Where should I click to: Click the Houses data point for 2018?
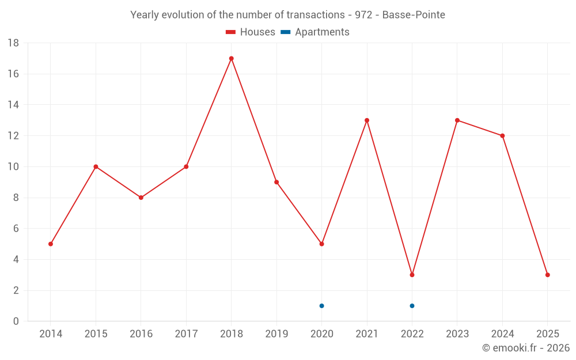(231, 58)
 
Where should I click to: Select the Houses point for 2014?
(51, 244)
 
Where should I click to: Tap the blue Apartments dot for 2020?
(321, 306)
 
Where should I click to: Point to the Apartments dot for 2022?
(412, 306)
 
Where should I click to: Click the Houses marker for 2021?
(367, 120)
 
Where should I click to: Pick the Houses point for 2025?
(547, 275)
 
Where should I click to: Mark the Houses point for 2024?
(502, 136)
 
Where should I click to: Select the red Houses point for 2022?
(412, 275)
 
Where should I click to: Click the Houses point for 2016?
(141, 198)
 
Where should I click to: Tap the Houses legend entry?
(251, 32)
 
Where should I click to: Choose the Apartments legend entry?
(315, 32)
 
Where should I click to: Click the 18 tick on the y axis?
(13, 43)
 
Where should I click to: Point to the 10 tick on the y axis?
(13, 167)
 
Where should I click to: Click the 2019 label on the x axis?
(276, 334)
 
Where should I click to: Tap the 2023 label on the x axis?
(457, 334)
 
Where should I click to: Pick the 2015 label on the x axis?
(96, 334)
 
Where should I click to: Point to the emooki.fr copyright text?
(526, 348)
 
